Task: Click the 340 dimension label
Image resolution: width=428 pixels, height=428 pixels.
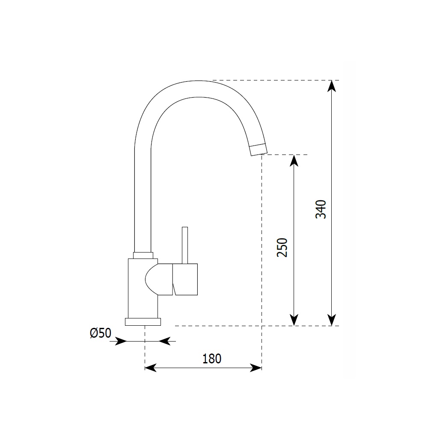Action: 321,209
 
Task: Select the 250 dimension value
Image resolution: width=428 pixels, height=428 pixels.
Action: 282,247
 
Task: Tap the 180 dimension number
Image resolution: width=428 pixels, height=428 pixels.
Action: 212,359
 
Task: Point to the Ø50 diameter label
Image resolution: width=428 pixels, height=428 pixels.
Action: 101,333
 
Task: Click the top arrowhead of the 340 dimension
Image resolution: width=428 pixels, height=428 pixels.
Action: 331,85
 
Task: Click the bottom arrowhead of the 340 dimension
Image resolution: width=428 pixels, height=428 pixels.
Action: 331,320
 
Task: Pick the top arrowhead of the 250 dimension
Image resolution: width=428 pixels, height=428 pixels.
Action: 294,160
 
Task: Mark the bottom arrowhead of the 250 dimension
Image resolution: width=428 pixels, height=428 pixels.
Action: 294,320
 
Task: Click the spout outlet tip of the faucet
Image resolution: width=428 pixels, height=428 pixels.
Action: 258,150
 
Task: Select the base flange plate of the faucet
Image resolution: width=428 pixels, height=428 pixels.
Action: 143,322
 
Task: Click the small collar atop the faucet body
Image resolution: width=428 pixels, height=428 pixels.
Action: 143,256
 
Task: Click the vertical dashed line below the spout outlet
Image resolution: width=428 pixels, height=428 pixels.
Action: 262,257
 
